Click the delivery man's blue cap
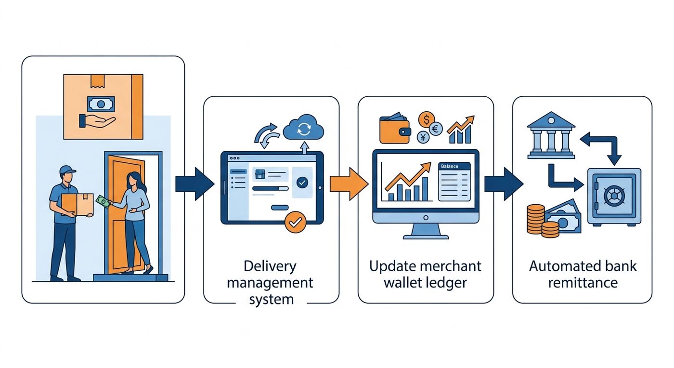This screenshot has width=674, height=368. [67, 170]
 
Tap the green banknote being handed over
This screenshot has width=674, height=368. [104, 201]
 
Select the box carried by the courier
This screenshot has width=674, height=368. [78, 205]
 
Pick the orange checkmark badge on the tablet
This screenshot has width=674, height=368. [295, 222]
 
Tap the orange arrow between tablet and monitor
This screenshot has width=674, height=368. [349, 184]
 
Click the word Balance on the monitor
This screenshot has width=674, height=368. [450, 166]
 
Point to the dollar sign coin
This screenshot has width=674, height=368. [427, 119]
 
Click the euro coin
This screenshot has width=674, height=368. [435, 129]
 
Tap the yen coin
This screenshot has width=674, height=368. [423, 138]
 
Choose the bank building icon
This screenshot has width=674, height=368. [551, 135]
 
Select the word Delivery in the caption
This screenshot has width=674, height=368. [270, 266]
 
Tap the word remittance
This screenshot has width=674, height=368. [583, 283]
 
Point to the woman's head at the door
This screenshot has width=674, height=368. [133, 179]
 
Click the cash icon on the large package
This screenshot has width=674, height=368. [101, 104]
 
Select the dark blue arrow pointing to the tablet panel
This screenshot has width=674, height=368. [194, 184]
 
